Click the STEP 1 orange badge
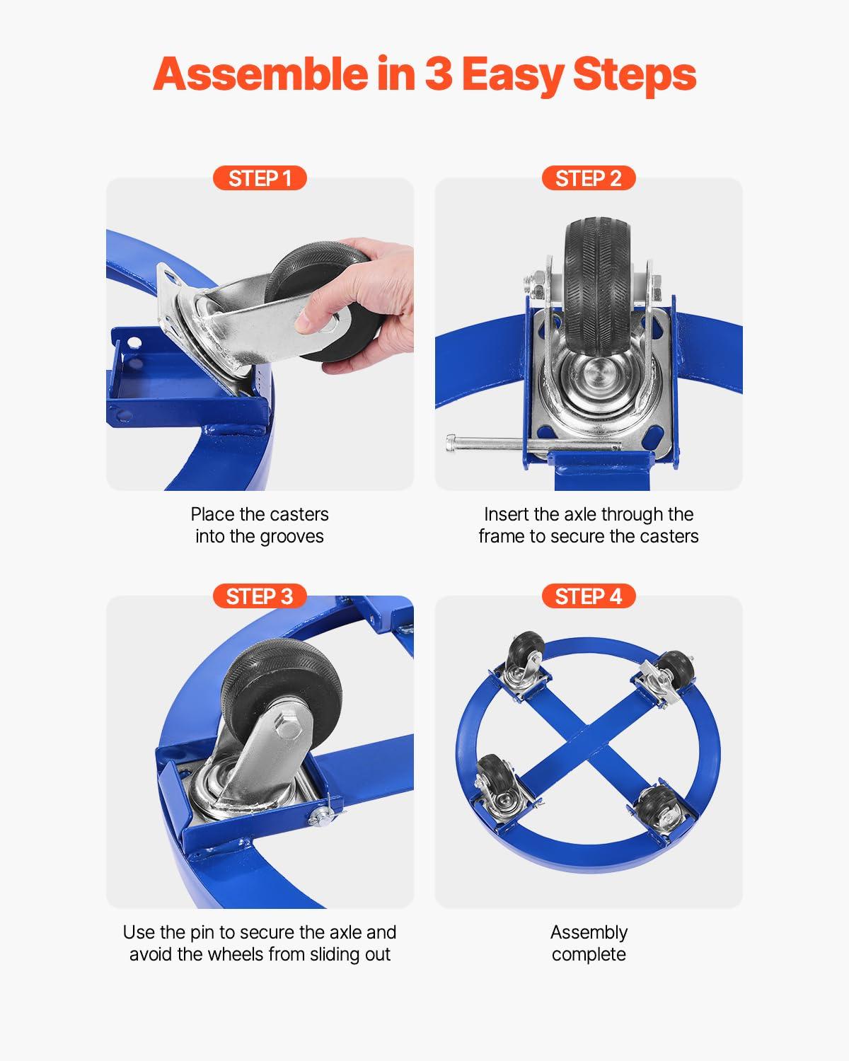[x=260, y=178]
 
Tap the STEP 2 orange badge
[x=589, y=178]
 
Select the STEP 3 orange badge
[x=260, y=596]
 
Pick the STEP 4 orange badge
[x=589, y=596]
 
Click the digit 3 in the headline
[x=438, y=74]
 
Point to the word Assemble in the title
[x=260, y=74]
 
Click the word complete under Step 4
[x=589, y=955]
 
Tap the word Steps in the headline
[x=635, y=75]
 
